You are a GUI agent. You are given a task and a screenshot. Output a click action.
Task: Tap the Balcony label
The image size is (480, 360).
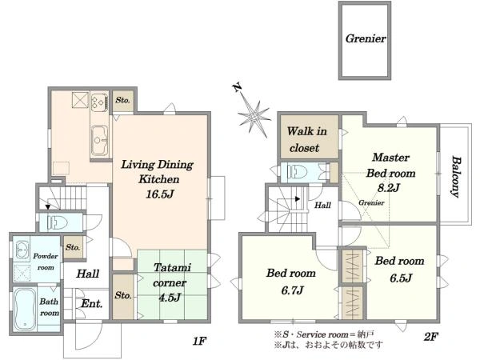point(457,177)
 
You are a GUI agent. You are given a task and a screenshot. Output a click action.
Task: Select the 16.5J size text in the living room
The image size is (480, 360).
point(160,194)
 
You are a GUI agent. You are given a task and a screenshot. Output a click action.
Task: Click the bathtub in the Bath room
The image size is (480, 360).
point(24,309)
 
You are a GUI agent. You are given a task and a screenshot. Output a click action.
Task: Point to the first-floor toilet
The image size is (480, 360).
point(58,222)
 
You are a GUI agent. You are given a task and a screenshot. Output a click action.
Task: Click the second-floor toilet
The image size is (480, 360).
point(298,171)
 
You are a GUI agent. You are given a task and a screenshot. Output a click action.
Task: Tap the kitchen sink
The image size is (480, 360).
point(100,141)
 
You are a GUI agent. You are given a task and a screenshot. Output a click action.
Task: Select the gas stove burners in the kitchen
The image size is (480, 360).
point(100,102)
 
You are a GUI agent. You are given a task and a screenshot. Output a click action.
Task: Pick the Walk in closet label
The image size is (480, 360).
point(306,139)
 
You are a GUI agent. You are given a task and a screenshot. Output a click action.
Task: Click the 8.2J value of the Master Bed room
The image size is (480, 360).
point(388,187)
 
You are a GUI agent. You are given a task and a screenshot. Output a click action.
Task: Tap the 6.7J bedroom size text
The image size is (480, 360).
point(292,290)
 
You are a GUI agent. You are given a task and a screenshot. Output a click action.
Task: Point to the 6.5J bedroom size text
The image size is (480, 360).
point(401,278)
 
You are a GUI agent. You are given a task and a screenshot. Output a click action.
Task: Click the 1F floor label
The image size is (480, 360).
point(199,341)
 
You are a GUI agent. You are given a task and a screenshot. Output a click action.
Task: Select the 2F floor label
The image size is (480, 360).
point(430,337)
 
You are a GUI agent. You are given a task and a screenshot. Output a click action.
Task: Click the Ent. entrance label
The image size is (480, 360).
point(91,304)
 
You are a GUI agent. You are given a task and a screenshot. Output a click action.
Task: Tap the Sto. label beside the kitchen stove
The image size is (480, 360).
point(122,100)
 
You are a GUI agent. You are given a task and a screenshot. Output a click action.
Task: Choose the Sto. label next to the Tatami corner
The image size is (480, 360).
point(123,295)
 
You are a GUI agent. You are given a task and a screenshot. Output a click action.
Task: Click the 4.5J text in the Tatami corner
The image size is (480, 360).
point(170,297)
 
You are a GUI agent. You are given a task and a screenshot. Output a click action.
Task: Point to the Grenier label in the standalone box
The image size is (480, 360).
point(366,38)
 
